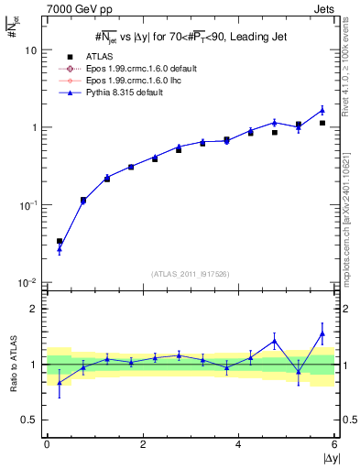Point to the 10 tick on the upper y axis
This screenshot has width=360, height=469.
tap(31, 50)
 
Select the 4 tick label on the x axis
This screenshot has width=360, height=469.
tap(238, 444)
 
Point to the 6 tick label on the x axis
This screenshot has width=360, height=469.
tap(334, 444)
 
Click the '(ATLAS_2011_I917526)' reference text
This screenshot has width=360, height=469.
tap(191, 274)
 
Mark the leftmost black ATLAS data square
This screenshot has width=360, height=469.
tap(60, 242)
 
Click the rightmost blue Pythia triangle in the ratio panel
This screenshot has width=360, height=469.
tap(322, 333)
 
